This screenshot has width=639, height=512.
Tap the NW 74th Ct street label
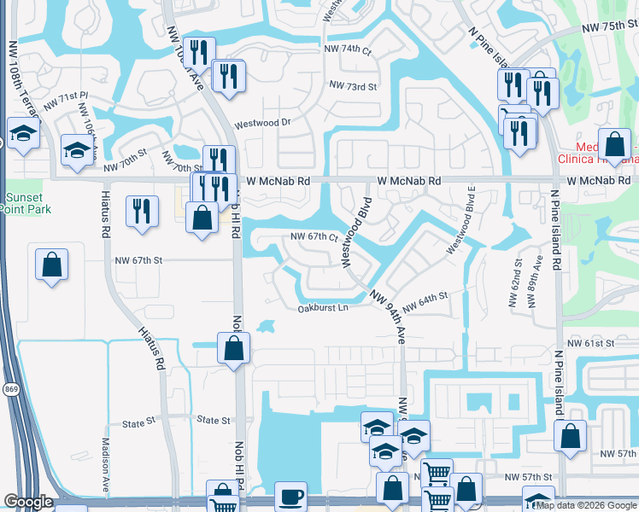point(348,50)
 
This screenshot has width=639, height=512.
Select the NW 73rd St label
point(353,86)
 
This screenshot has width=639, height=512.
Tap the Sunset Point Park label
point(28,202)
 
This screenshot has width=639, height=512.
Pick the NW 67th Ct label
point(315,237)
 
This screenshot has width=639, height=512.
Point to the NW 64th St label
point(425,300)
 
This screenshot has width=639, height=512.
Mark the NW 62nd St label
point(517,271)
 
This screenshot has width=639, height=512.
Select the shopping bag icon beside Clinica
point(614,144)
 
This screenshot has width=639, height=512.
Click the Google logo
point(29,502)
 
